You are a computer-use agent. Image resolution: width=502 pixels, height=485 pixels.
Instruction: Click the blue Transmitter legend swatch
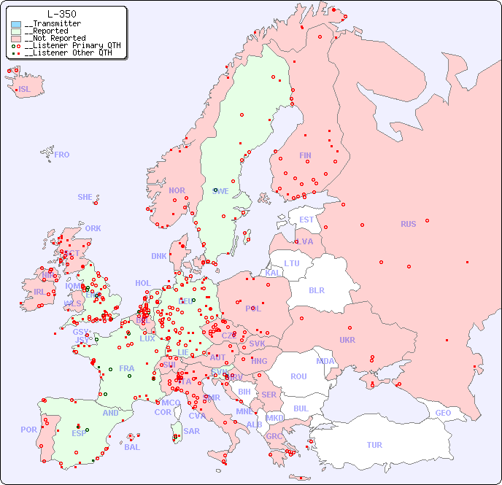16,24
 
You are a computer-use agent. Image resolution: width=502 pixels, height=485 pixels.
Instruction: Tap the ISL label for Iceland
25,90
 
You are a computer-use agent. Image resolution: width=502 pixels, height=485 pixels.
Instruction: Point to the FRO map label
62,155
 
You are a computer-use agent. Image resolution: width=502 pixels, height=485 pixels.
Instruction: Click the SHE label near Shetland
85,197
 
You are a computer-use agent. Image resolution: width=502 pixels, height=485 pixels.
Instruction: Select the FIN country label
305,155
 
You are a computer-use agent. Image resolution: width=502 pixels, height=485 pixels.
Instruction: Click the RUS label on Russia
408,224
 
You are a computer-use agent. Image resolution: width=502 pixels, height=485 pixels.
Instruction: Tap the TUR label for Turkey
374,445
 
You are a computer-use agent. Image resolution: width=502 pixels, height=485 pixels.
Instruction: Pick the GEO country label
443,413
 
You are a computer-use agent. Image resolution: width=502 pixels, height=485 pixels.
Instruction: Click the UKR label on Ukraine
347,340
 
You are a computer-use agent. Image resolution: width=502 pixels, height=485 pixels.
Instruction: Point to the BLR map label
317,290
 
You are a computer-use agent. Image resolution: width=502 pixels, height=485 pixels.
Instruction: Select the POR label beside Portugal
28,430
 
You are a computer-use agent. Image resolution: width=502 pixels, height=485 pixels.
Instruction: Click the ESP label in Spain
79,432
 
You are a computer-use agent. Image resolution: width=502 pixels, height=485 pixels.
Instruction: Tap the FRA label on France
127,368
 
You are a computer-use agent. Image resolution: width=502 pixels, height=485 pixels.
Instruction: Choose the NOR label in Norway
177,190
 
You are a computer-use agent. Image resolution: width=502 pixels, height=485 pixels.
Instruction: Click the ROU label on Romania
298,376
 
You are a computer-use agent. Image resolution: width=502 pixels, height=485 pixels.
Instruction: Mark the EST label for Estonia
306,220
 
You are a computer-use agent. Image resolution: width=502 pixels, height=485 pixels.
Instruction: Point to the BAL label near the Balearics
132,447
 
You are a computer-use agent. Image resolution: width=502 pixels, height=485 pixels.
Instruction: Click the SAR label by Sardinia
191,431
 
